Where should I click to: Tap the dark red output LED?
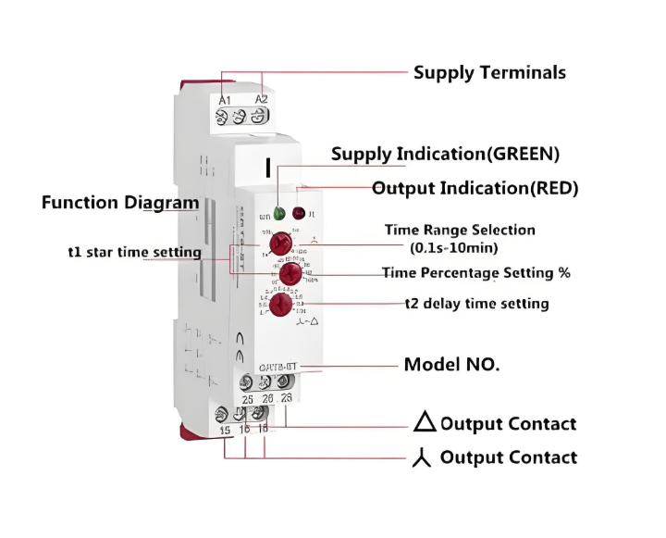299,213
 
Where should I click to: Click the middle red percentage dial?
290,273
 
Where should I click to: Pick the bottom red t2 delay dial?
282,304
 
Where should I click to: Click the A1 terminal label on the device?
225,99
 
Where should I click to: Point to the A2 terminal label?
261,98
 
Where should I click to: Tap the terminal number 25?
246,398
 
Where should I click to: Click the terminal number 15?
225,431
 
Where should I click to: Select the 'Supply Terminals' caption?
489,72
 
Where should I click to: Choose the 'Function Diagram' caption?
120,203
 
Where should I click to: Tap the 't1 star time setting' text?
135,252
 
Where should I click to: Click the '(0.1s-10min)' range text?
454,247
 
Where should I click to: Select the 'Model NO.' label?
451,365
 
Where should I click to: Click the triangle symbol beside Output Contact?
425,423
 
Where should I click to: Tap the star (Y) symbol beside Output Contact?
424,457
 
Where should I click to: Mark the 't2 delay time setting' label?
477,304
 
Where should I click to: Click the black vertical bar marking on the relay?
267,169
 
